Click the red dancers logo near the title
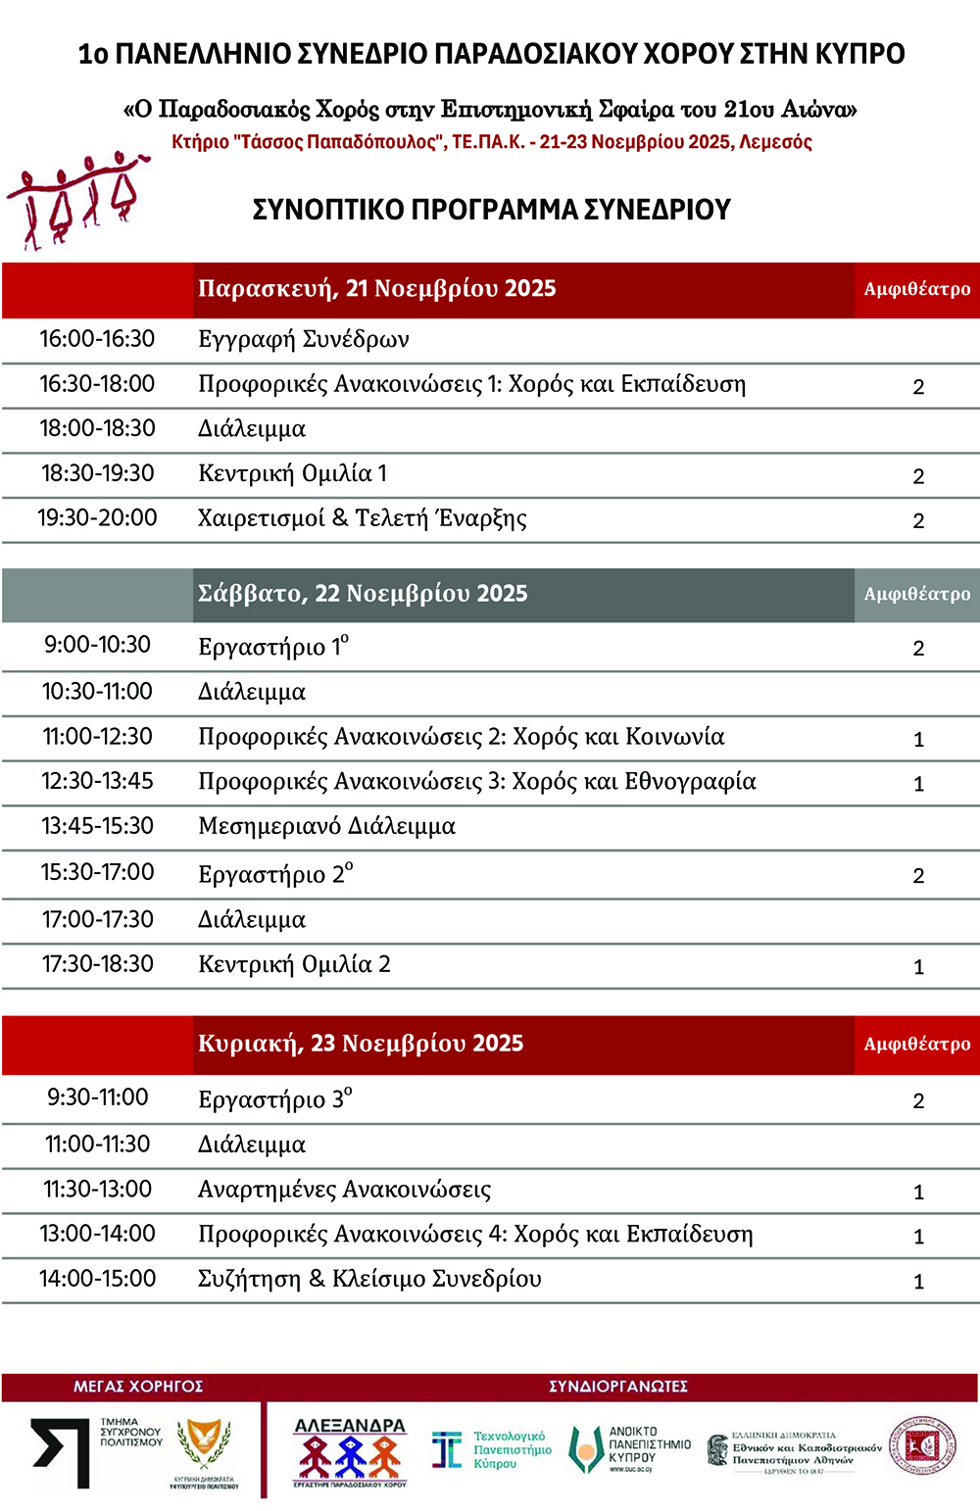point(76,201)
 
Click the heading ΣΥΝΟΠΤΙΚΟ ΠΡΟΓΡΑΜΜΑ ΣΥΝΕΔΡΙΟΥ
point(492,210)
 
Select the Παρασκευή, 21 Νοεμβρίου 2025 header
point(377,289)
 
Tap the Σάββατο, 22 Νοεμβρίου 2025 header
point(363,594)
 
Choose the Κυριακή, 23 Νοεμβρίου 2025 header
point(361,1044)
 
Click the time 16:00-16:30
point(97,339)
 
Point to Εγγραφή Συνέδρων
point(304,340)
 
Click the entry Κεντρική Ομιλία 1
point(292,474)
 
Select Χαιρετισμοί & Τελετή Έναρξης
point(362,518)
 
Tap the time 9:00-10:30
point(97,645)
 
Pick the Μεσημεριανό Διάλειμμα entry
point(326,826)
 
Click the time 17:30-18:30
point(97,964)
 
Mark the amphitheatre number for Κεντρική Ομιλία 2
point(918,967)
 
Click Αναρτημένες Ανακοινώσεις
point(344,1190)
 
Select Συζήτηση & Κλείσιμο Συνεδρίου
point(369,1279)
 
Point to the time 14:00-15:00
point(97,1279)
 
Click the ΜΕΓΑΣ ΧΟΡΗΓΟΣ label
point(138,1387)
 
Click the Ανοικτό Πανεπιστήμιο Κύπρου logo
point(631,1449)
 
